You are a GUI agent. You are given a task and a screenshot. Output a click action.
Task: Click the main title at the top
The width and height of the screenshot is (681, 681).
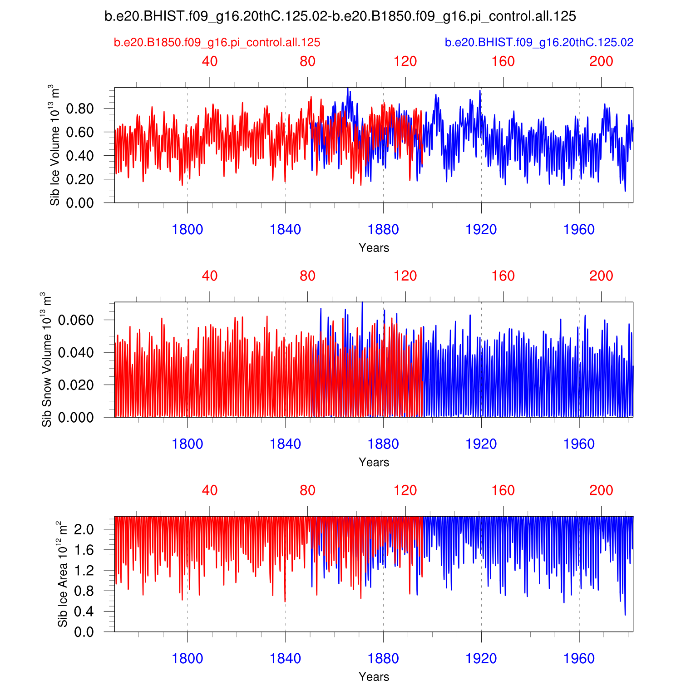pos(340,16)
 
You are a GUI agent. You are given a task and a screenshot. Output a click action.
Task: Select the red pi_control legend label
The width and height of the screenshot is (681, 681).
pos(217,43)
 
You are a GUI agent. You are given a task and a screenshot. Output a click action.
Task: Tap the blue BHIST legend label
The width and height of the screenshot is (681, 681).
pos(539,43)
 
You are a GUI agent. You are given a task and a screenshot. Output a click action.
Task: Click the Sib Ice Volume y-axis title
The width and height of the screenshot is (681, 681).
pos(54,145)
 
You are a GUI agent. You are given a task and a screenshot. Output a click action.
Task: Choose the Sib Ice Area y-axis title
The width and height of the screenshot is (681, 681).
pos(62,574)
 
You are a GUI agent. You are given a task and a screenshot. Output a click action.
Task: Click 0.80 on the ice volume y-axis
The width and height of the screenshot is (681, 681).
pos(80,109)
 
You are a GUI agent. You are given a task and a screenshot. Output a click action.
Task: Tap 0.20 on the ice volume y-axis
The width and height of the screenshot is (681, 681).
pos(80,179)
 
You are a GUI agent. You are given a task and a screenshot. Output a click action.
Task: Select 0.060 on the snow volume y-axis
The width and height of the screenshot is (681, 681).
pos(76,320)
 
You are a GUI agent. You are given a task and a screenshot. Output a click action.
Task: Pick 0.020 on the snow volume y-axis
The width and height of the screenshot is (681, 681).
pos(76,385)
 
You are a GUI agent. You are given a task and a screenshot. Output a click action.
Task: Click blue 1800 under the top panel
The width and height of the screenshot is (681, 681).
pos(188,230)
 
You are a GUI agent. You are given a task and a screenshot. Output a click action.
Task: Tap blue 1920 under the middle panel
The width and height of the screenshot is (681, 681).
pos(481,444)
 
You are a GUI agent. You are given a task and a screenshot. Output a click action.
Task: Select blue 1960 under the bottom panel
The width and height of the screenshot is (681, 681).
pos(579,658)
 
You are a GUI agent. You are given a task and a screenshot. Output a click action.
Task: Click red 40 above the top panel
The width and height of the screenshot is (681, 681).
pos(210,61)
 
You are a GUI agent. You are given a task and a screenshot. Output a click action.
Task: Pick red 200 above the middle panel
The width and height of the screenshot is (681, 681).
pos(601,276)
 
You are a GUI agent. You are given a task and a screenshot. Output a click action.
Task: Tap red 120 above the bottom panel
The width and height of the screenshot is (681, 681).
pos(405,490)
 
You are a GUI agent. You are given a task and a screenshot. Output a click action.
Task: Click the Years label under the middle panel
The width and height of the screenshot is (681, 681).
pos(374,462)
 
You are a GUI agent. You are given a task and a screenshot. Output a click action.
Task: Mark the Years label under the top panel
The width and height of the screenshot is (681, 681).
pos(374,248)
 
